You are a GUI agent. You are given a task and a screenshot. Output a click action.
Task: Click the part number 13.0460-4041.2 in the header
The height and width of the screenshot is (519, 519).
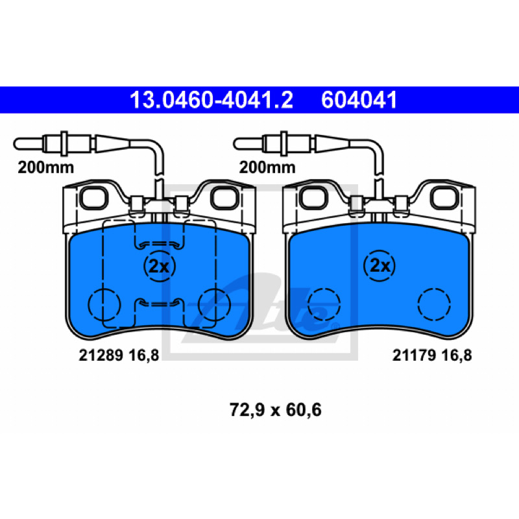211,100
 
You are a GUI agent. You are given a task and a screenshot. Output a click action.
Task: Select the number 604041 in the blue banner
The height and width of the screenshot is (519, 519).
359,100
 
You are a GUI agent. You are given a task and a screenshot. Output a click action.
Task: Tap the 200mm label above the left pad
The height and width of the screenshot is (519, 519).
45,167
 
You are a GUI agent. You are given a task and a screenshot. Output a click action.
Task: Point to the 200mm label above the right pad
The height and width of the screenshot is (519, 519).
267,167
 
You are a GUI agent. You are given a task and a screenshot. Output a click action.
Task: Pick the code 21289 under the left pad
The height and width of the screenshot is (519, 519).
101,356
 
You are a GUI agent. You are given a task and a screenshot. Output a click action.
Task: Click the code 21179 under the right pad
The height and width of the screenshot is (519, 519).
414,356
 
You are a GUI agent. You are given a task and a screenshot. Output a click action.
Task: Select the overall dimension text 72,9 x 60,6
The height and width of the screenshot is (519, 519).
275,410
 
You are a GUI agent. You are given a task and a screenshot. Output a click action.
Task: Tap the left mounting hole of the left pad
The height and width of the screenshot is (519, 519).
94,198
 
